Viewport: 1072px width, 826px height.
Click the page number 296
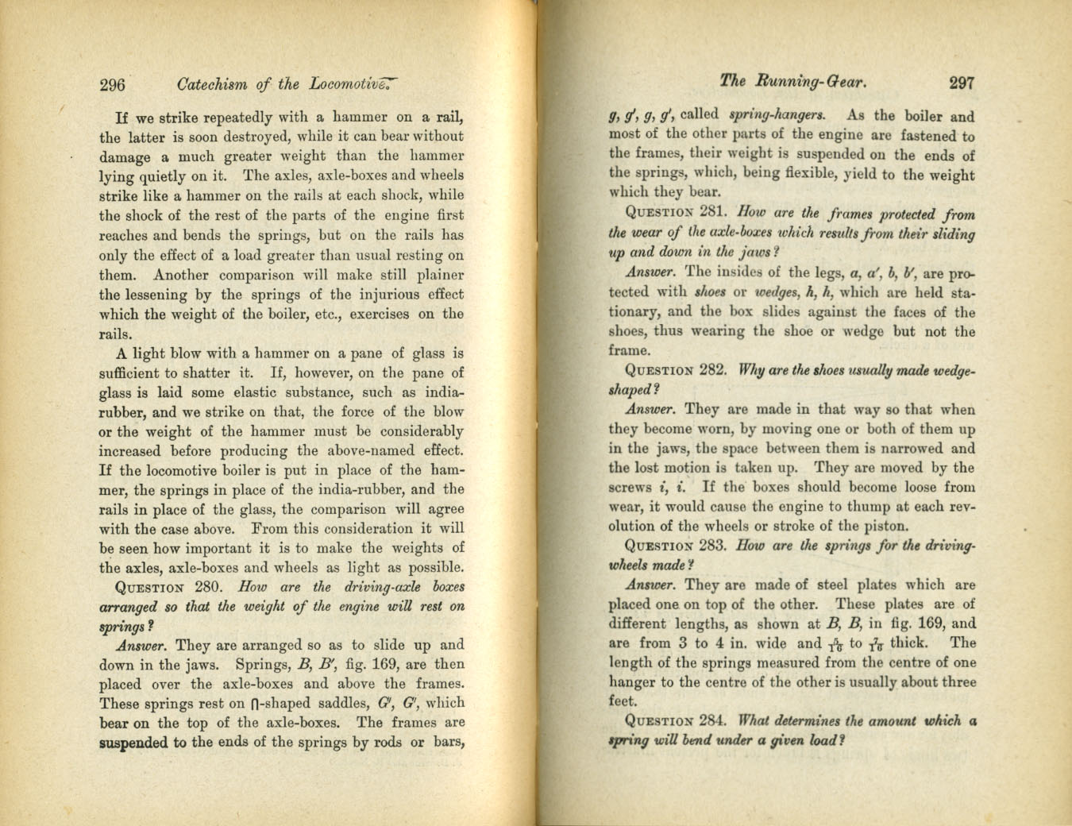[114, 83]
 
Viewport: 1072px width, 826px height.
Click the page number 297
[960, 82]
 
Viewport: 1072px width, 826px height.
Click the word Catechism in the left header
[212, 83]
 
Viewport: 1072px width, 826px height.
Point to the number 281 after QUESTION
[716, 214]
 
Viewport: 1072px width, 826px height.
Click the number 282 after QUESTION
[712, 371]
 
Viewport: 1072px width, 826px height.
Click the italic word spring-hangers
[765, 114]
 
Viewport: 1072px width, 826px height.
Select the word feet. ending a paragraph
[623, 702]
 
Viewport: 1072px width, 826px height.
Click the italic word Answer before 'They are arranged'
[143, 645]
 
